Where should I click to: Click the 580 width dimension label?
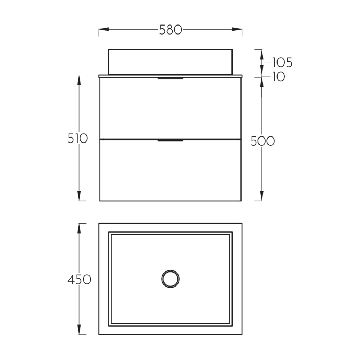[171, 30]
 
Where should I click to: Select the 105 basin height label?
[282, 62]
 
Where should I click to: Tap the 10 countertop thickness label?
[279, 77]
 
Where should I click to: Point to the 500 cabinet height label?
[263, 141]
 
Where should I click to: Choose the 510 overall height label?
[78, 139]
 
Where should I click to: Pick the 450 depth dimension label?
[80, 280]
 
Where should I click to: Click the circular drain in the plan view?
[170, 279]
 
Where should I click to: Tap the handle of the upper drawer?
[170, 78]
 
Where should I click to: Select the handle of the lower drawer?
[170, 140]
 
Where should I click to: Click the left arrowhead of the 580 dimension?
[104, 30]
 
